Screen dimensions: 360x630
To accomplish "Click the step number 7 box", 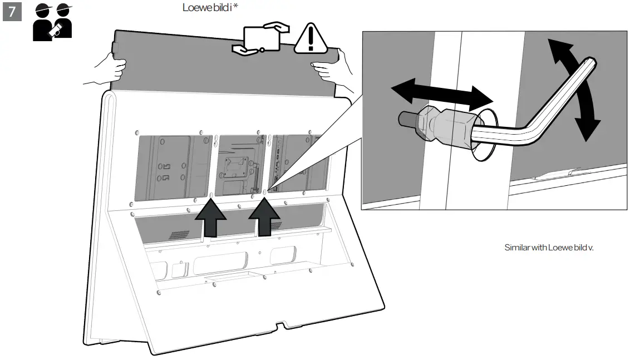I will click(x=12, y=12).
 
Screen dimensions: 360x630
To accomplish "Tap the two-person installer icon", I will click(x=53, y=22).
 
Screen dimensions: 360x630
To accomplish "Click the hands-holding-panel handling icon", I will click(x=262, y=38).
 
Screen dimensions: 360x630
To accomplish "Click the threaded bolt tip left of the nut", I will click(x=406, y=119).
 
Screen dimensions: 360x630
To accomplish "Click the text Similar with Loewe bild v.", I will click(x=549, y=247).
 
